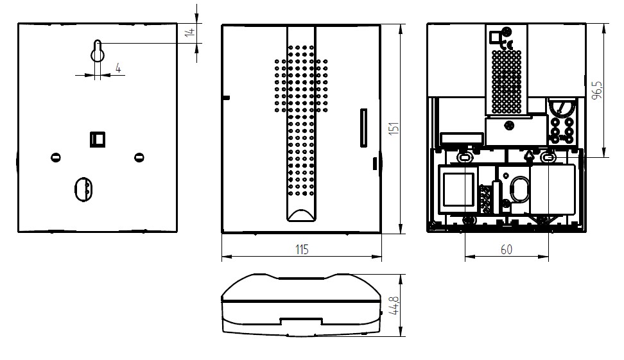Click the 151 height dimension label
pyautogui.click(x=394, y=128)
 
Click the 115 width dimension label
pyautogui.click(x=302, y=250)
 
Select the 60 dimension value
pyautogui.click(x=507, y=250)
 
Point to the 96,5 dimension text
pyautogui.click(x=597, y=90)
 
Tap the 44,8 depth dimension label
pyautogui.click(x=394, y=305)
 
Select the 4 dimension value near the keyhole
pyautogui.click(x=118, y=68)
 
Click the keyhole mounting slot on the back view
pyautogui.click(x=97, y=51)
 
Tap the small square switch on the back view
pyautogui.click(x=98, y=139)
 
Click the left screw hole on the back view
pyautogui.click(x=56, y=157)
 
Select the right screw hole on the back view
pyautogui.click(x=139, y=157)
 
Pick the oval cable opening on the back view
pyautogui.click(x=83, y=189)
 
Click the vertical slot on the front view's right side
pyautogui.click(x=363, y=128)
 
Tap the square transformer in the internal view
pyautogui.click(x=458, y=189)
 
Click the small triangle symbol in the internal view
pyautogui.click(x=529, y=155)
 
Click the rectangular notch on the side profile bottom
pyautogui.click(x=301, y=321)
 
